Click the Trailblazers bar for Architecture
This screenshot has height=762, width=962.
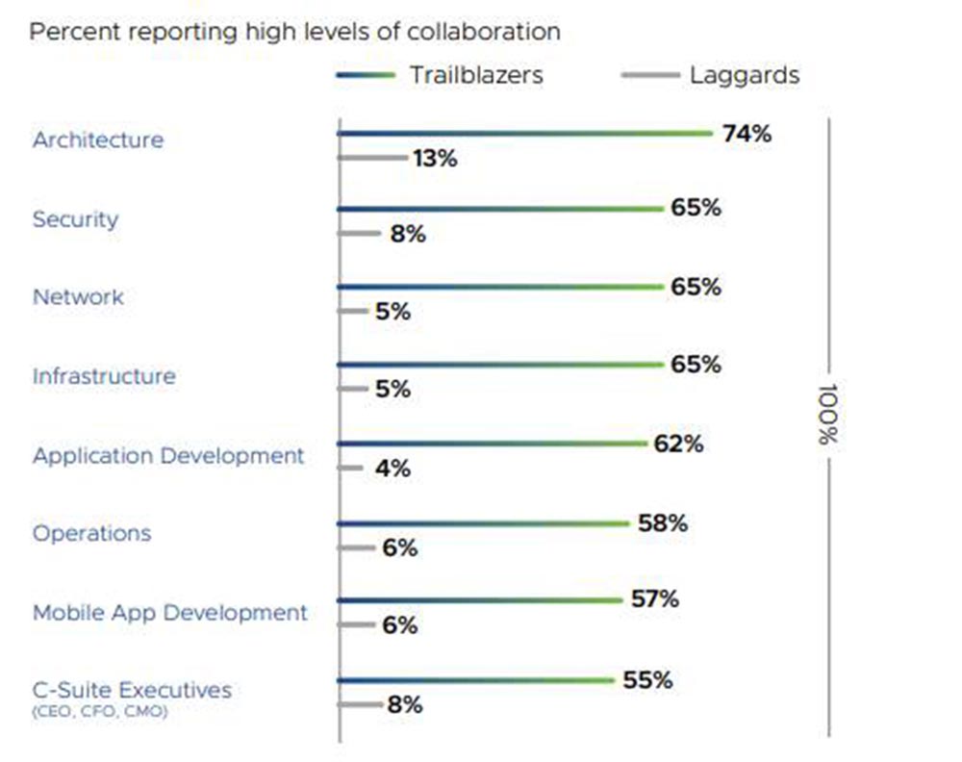524,133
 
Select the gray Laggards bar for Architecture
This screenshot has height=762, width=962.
372,157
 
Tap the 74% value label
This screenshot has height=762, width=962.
747,134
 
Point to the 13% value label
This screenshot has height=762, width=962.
434,159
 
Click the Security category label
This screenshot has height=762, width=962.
75,218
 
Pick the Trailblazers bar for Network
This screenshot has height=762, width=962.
500,287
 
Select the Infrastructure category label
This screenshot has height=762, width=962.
104,375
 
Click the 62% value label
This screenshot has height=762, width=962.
678,444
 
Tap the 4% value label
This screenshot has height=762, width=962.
392,470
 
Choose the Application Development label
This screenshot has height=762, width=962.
168,455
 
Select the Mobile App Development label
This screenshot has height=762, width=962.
170,612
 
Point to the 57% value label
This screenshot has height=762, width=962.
654,599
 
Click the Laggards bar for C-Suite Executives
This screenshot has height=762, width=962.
361,704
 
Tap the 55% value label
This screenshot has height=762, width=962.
646,680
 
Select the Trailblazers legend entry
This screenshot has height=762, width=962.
441,75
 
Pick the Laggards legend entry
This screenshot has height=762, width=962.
711,75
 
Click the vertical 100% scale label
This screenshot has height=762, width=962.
826,415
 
